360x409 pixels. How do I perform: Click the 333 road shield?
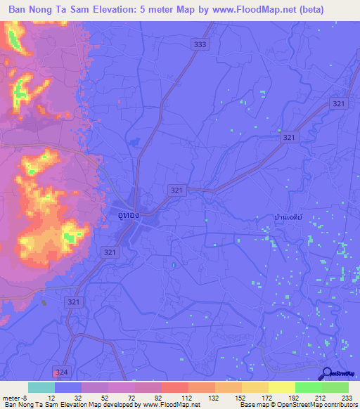pos(201,44)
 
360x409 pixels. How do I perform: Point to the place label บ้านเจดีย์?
pos(289,219)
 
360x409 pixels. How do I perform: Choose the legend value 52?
pos(104,398)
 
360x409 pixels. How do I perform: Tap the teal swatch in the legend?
pos(41,387)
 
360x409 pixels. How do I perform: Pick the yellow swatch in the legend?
pos(281,387)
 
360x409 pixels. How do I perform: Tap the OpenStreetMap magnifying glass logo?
pos(326,375)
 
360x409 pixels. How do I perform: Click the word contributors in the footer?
pos(341,405)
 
